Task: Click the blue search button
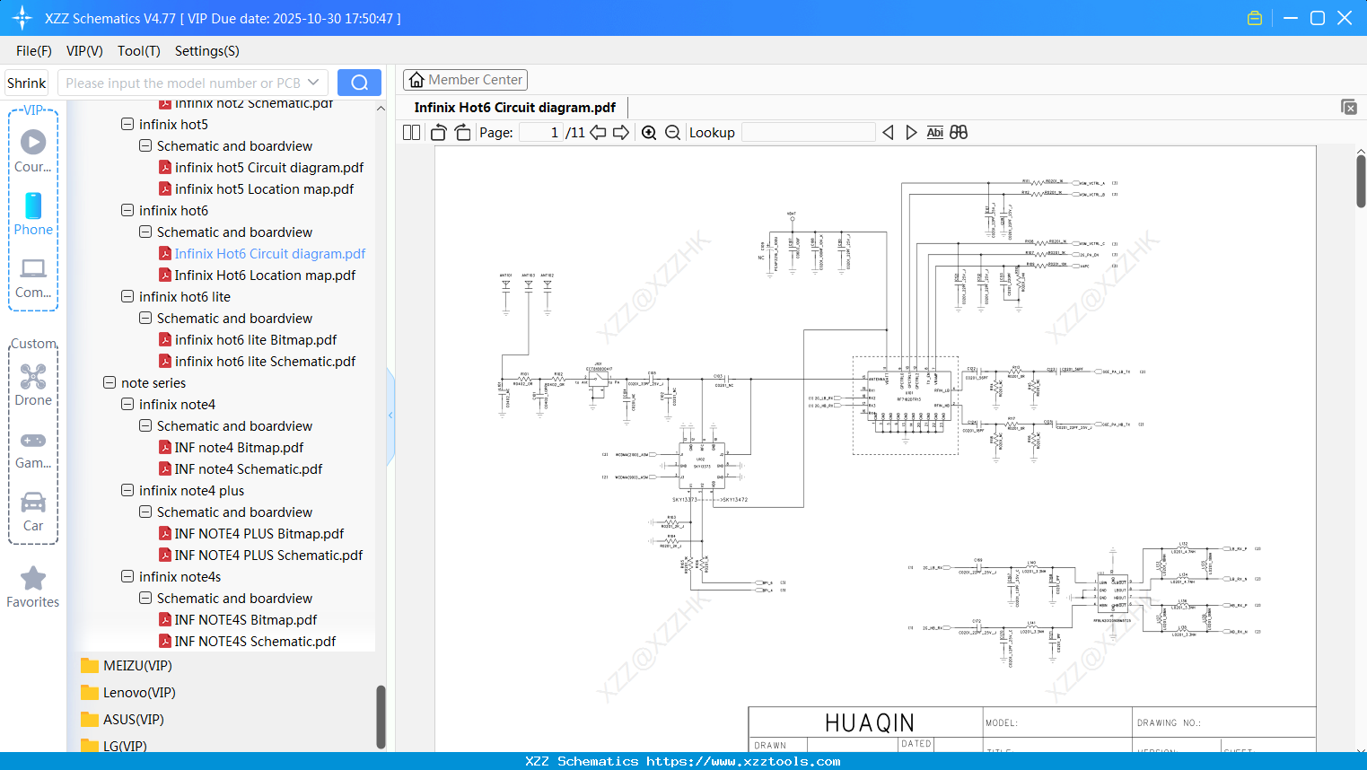[359, 83]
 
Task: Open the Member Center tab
[465, 80]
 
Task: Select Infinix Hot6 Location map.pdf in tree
[265, 276]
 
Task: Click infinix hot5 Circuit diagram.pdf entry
[268, 168]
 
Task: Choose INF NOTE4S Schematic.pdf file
[255, 642]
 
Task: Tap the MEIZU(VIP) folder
[136, 666]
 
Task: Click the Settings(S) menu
[206, 51]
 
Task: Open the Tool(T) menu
[138, 51]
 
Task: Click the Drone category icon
[33, 377]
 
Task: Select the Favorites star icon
[33, 579]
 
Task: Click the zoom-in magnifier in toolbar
[649, 133]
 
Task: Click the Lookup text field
[808, 133]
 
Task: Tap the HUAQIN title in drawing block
[869, 722]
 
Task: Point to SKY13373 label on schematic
[685, 500]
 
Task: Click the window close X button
[1344, 18]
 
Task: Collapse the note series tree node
[110, 383]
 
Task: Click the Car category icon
[33, 503]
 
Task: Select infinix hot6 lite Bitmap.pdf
[255, 340]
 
